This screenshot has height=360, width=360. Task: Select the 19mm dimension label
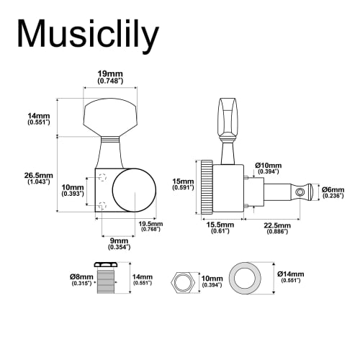pyautogui.click(x=109, y=73)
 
